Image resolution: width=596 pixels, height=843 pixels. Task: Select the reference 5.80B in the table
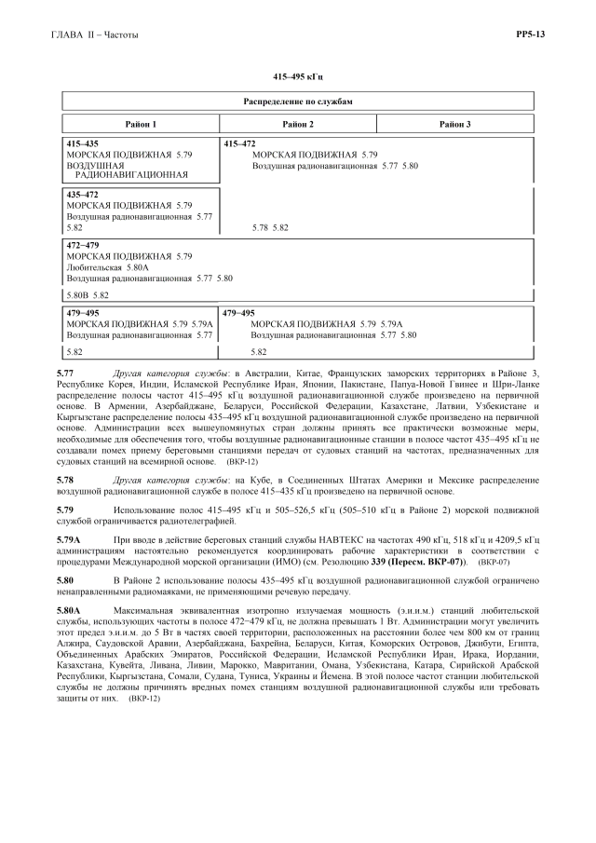point(74,295)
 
